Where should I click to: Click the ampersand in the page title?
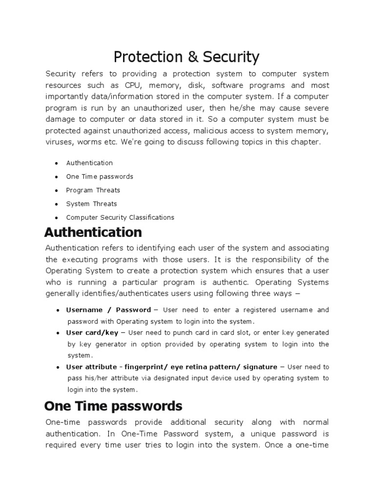point(191,58)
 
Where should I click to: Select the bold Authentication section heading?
point(93,232)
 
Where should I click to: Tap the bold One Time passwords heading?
point(113,406)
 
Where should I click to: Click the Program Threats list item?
point(93,190)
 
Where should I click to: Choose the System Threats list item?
point(91,204)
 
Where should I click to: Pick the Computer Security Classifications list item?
point(120,218)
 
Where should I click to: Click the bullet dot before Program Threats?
point(57,190)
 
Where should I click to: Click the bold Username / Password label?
point(108,310)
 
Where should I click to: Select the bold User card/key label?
point(92,333)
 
